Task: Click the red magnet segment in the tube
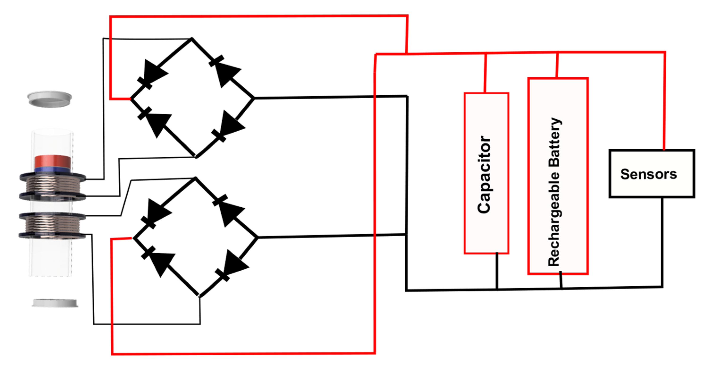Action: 52,162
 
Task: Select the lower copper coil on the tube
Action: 52,224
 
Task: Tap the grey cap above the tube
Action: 50,99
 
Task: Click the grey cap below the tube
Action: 55,303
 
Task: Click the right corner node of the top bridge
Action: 254,98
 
